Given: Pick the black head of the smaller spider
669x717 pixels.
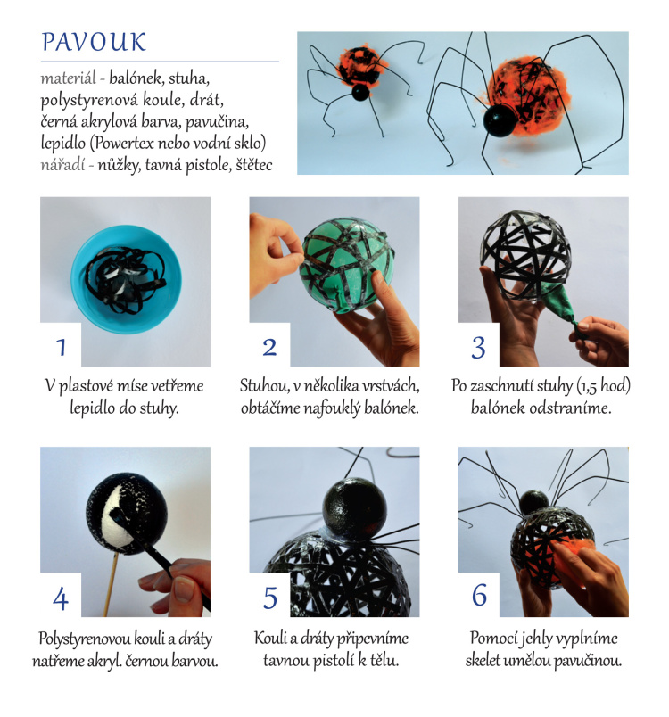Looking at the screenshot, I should pyautogui.click(x=360, y=92).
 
